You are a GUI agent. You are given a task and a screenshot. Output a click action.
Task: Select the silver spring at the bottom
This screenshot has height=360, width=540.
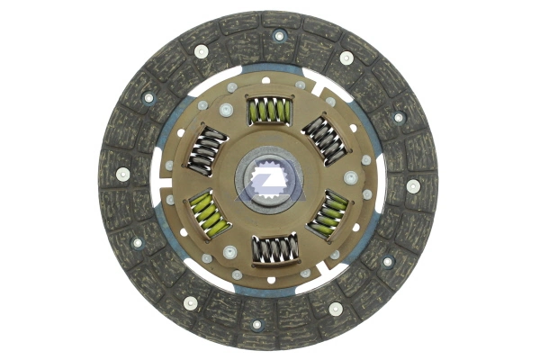271,249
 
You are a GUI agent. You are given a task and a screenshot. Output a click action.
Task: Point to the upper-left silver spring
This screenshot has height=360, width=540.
208,148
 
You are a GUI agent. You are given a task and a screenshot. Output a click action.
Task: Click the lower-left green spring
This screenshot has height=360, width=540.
211,213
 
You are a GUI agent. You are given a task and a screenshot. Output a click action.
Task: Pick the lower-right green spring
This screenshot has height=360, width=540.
328,213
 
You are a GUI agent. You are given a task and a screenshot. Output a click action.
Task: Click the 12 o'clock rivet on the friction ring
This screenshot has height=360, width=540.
279,36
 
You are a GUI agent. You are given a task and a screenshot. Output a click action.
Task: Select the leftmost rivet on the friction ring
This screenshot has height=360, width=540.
121,174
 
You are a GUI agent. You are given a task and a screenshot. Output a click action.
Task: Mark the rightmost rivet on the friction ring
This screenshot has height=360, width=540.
413,186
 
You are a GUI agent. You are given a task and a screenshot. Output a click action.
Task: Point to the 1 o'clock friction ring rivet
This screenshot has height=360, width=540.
346,58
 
